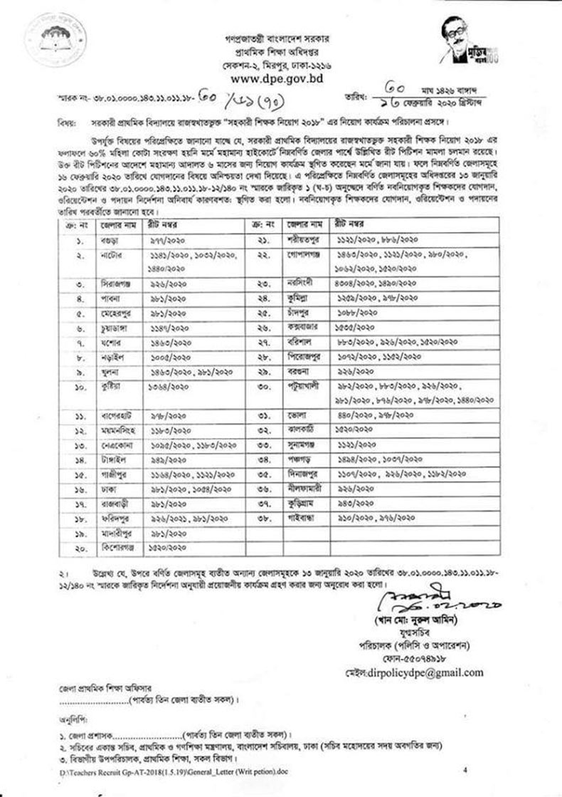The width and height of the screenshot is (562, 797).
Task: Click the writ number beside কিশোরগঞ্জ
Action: click(167, 547)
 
